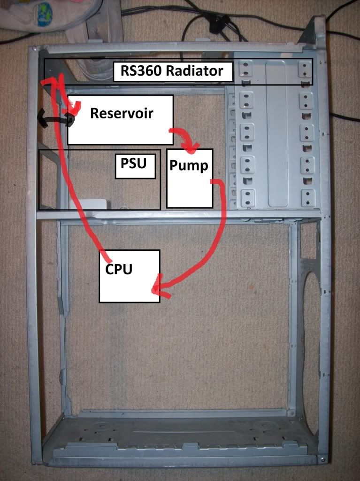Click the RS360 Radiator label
(173, 71)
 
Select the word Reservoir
(122, 113)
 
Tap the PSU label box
(135, 164)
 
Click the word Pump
(189, 165)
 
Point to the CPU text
(119, 269)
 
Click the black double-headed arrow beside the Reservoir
(56, 119)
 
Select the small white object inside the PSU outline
(89, 203)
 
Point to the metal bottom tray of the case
(183, 437)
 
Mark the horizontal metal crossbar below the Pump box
(178, 215)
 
